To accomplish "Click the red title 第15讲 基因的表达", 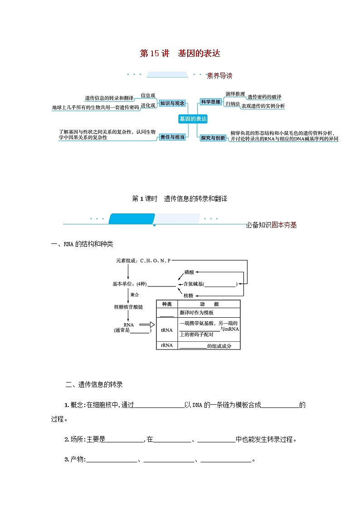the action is pyautogui.click(x=180, y=53).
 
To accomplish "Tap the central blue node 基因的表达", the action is pyautogui.click(x=193, y=119).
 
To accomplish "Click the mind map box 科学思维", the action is pyautogui.click(x=210, y=102).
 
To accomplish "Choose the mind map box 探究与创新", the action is pyautogui.click(x=213, y=138).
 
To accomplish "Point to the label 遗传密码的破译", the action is pyautogui.click(x=264, y=97).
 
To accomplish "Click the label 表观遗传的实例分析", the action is pyautogui.click(x=263, y=106).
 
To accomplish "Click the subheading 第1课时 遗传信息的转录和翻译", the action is pyautogui.click(x=180, y=199).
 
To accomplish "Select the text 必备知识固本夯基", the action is pyautogui.click(x=271, y=225).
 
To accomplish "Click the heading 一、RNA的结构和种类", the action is pyautogui.click(x=82, y=244).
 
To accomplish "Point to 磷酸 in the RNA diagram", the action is pyautogui.click(x=189, y=272).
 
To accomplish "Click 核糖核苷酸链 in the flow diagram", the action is pyautogui.click(x=128, y=307).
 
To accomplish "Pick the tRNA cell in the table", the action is pyautogui.click(x=167, y=330).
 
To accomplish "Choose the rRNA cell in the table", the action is pyautogui.click(x=167, y=345).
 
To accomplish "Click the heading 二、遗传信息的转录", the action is pyautogui.click(x=94, y=385).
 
